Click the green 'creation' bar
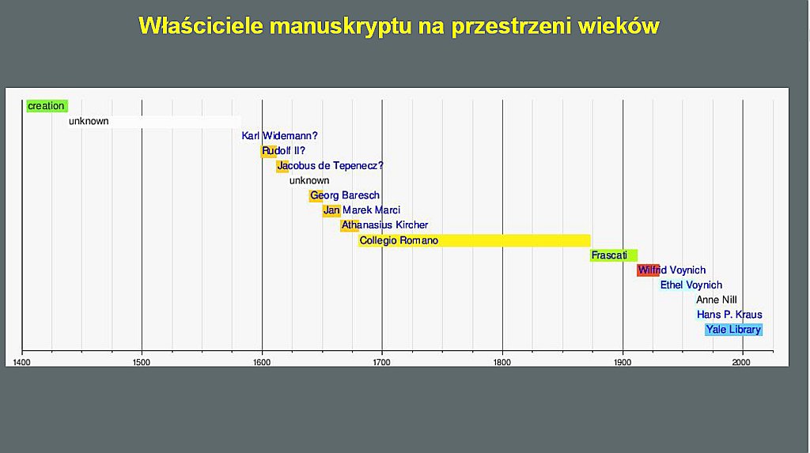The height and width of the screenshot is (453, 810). tap(47, 106)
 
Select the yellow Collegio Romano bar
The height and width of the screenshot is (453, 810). tap(475, 240)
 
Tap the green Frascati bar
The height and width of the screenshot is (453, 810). tap(614, 255)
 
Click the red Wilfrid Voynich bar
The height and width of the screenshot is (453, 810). tap(648, 270)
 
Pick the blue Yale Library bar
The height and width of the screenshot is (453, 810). tap(733, 330)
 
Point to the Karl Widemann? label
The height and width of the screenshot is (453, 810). tap(279, 136)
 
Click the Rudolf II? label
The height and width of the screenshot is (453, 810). tap(284, 151)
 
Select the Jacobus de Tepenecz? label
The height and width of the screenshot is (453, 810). tap(331, 166)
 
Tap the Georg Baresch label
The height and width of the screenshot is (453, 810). tap(345, 195)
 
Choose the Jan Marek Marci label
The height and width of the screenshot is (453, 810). tap(361, 210)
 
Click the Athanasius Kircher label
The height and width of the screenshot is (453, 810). tap(385, 225)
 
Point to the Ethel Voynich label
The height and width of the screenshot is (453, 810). tap(691, 285)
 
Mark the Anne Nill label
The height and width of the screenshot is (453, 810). tap(717, 300)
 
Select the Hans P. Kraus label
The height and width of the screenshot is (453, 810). tap(729, 315)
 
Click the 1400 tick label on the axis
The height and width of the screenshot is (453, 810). tap(21, 362)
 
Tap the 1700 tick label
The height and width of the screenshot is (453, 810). tap(382, 362)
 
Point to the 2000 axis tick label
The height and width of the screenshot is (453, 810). tap(741, 362)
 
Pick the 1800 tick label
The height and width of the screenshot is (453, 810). tap(502, 362)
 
